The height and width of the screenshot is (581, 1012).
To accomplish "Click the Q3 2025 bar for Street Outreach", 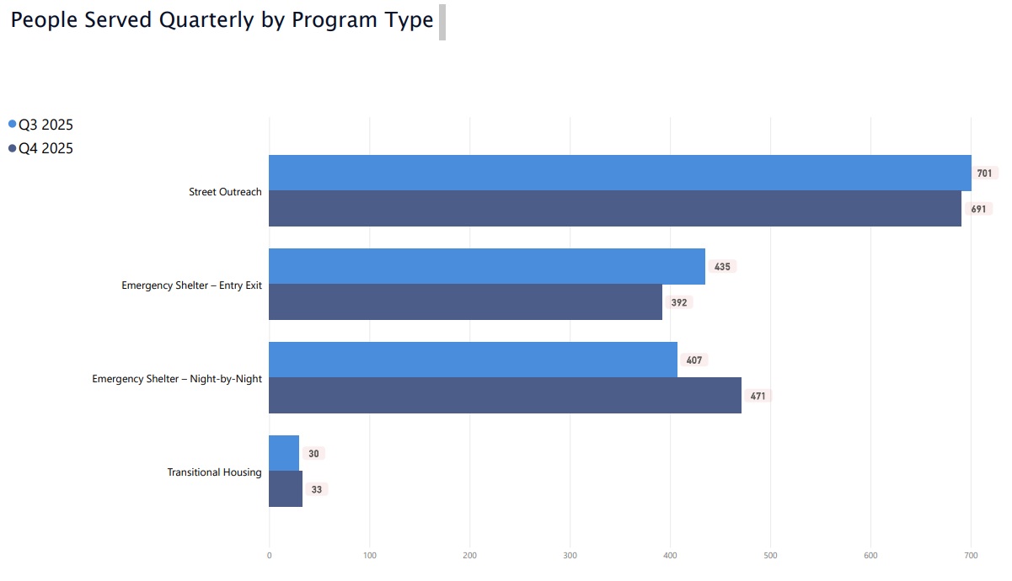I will pos(619,173).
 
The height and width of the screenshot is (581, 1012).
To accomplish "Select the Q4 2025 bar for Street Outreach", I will pos(615,209).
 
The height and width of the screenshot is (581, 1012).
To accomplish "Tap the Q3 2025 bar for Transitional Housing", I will pos(284,453).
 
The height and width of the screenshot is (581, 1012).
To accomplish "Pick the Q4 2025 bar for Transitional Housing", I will pos(286,489).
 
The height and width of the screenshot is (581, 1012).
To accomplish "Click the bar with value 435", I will pos(486,266).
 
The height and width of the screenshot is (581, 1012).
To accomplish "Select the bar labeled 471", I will pos(505,396).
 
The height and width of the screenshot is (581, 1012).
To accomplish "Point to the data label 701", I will pos(984,173).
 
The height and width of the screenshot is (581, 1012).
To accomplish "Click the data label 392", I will pos(679,302).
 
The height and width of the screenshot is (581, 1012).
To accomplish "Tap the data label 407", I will pos(693,360).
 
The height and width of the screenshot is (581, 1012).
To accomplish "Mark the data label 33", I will pos(316,489).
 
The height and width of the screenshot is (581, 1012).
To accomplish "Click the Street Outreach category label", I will pos(225,192).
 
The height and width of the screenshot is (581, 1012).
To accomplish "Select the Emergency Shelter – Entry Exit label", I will pos(191,285).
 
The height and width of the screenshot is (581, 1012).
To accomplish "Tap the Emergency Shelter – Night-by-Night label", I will pos(177,379).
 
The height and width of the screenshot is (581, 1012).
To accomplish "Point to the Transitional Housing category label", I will pos(214,472).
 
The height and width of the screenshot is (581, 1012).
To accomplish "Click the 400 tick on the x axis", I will pos(670,556).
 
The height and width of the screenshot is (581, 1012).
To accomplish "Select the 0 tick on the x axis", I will pos(269,556).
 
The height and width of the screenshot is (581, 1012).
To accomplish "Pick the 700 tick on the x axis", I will pos(971,556).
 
